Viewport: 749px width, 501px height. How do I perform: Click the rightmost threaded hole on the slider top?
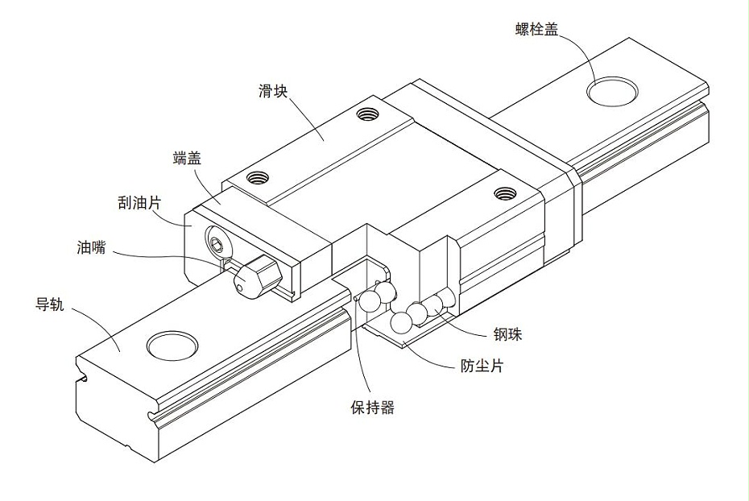coord(505,193)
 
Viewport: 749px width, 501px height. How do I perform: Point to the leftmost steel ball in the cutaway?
coord(370,301)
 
